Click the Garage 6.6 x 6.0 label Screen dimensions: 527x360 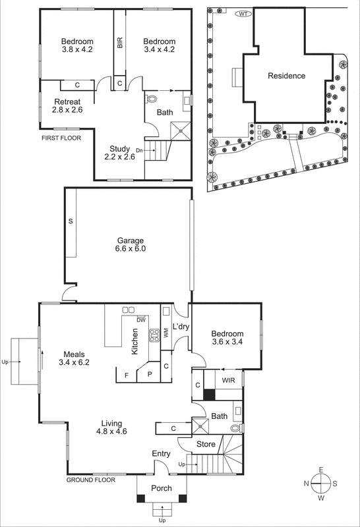point(131,245)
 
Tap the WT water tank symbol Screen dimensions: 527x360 point(243,14)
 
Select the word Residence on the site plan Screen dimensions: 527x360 point(286,76)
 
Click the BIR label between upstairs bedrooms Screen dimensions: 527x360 point(119,44)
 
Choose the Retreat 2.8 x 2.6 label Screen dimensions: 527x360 point(67,106)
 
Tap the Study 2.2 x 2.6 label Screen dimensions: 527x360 point(120,153)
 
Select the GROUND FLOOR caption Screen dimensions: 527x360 point(91,480)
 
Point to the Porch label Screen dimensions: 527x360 point(162,488)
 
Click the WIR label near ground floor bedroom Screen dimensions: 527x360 point(227,381)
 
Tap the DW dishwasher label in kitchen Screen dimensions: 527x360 point(140,320)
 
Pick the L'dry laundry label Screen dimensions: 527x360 point(181,327)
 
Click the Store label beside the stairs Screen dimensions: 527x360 point(206,445)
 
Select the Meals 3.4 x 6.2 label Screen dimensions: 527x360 point(73,357)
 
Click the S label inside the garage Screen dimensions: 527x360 point(70,222)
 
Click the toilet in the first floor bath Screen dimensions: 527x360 point(152,99)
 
